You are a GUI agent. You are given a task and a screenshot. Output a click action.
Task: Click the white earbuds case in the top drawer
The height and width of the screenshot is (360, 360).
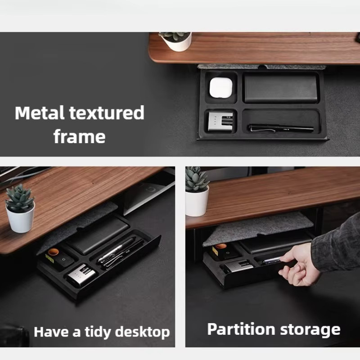click(221, 88)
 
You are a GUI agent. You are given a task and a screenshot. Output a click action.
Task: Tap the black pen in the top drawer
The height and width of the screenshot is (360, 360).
click(281, 128)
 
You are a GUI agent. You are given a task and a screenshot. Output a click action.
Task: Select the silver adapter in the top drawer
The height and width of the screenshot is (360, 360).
click(220, 121)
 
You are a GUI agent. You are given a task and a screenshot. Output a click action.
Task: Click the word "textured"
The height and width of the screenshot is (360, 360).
click(107, 113)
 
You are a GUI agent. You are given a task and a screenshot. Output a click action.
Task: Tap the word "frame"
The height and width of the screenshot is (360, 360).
click(80, 137)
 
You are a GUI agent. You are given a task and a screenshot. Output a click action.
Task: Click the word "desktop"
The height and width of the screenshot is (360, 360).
click(142, 332)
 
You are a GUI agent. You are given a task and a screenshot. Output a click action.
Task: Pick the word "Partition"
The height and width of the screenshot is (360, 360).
click(241, 329)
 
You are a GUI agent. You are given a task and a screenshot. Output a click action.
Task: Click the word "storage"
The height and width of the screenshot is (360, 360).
click(310, 330)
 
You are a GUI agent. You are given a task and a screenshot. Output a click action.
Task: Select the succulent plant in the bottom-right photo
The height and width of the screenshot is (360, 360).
click(197, 180)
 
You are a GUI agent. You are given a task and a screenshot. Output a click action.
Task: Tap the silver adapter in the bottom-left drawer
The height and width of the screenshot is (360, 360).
click(81, 275)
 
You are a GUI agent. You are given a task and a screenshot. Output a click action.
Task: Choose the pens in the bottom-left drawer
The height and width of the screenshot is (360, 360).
click(121, 253)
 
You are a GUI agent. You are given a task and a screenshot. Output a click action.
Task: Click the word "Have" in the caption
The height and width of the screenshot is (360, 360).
click(51, 332)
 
